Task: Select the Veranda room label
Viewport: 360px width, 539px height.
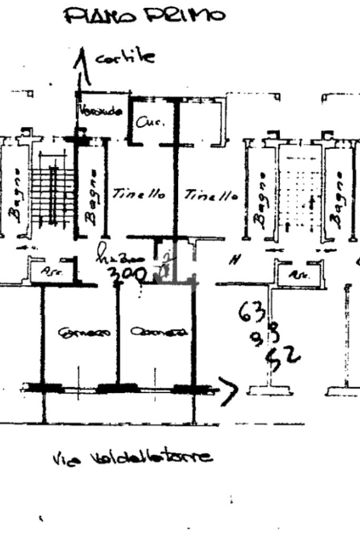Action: [101, 112]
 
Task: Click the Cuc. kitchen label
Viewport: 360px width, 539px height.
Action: [150, 122]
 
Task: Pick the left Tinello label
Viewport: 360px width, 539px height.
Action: [139, 194]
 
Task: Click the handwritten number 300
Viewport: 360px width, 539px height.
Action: [127, 273]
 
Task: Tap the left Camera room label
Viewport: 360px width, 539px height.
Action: [85, 332]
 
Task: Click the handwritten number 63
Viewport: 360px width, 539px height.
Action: [252, 312]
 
